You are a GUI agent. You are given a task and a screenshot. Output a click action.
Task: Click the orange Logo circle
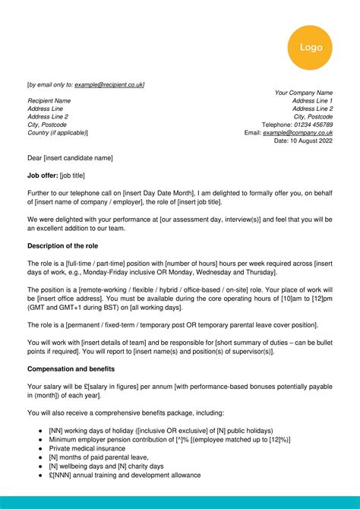(x=311, y=47)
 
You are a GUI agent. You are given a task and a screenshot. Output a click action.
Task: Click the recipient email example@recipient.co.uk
(x=109, y=84)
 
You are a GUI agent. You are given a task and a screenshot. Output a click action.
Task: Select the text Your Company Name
(x=303, y=93)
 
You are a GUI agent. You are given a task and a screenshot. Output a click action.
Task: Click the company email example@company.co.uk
(x=298, y=132)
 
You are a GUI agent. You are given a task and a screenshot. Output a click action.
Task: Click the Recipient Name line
(x=49, y=100)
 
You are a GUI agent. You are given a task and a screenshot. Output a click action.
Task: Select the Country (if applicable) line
(x=58, y=132)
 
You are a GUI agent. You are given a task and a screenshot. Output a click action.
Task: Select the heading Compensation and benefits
(x=71, y=368)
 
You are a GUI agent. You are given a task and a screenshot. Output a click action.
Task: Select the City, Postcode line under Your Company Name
(x=313, y=116)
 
